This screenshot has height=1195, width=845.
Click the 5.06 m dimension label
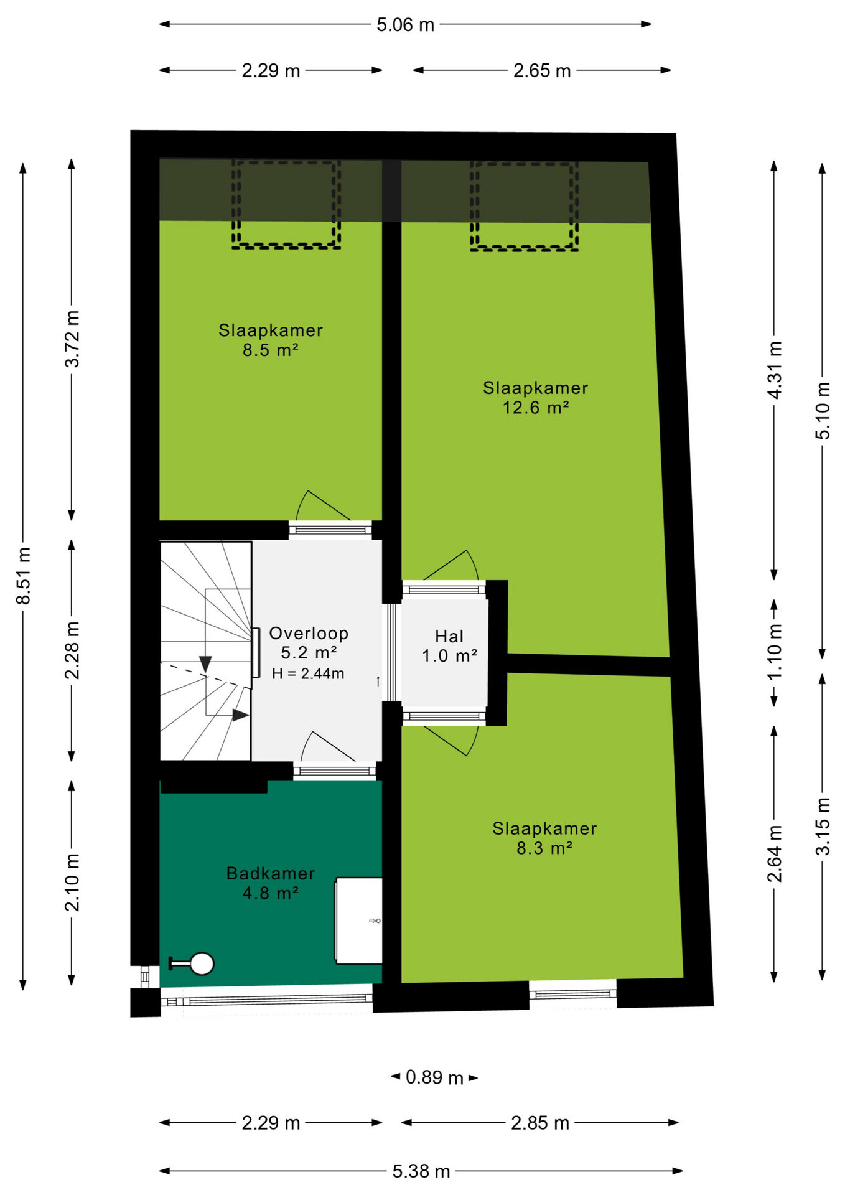coord(405,25)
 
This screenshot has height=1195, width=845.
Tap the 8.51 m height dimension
coord(24,576)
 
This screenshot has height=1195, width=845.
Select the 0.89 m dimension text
coord(434,1077)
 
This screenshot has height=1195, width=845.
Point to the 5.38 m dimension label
coord(421,1171)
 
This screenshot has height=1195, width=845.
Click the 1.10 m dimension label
coord(774,652)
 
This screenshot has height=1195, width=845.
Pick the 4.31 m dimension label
coord(774,370)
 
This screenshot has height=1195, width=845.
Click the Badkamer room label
coord(271,873)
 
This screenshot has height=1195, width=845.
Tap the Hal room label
coord(449,636)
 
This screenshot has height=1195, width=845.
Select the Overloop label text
coord(309,634)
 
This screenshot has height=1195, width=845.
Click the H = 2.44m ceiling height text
coord(308,673)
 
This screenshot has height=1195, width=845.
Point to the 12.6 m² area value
coord(536,408)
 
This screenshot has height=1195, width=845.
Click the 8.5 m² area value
coord(271,350)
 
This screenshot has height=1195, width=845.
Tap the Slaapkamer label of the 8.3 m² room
coord(544,828)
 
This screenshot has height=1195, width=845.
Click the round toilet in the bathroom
coord(202,963)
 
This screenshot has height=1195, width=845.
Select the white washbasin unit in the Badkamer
coord(358,921)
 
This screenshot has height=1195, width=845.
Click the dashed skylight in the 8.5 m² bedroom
coord(286,204)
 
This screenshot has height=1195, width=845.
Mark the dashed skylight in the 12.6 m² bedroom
coord(524,206)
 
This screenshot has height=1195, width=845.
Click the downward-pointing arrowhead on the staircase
coord(205,663)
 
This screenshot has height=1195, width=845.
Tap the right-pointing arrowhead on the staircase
coord(240,715)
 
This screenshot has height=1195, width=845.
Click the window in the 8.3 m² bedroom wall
coord(572,993)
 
